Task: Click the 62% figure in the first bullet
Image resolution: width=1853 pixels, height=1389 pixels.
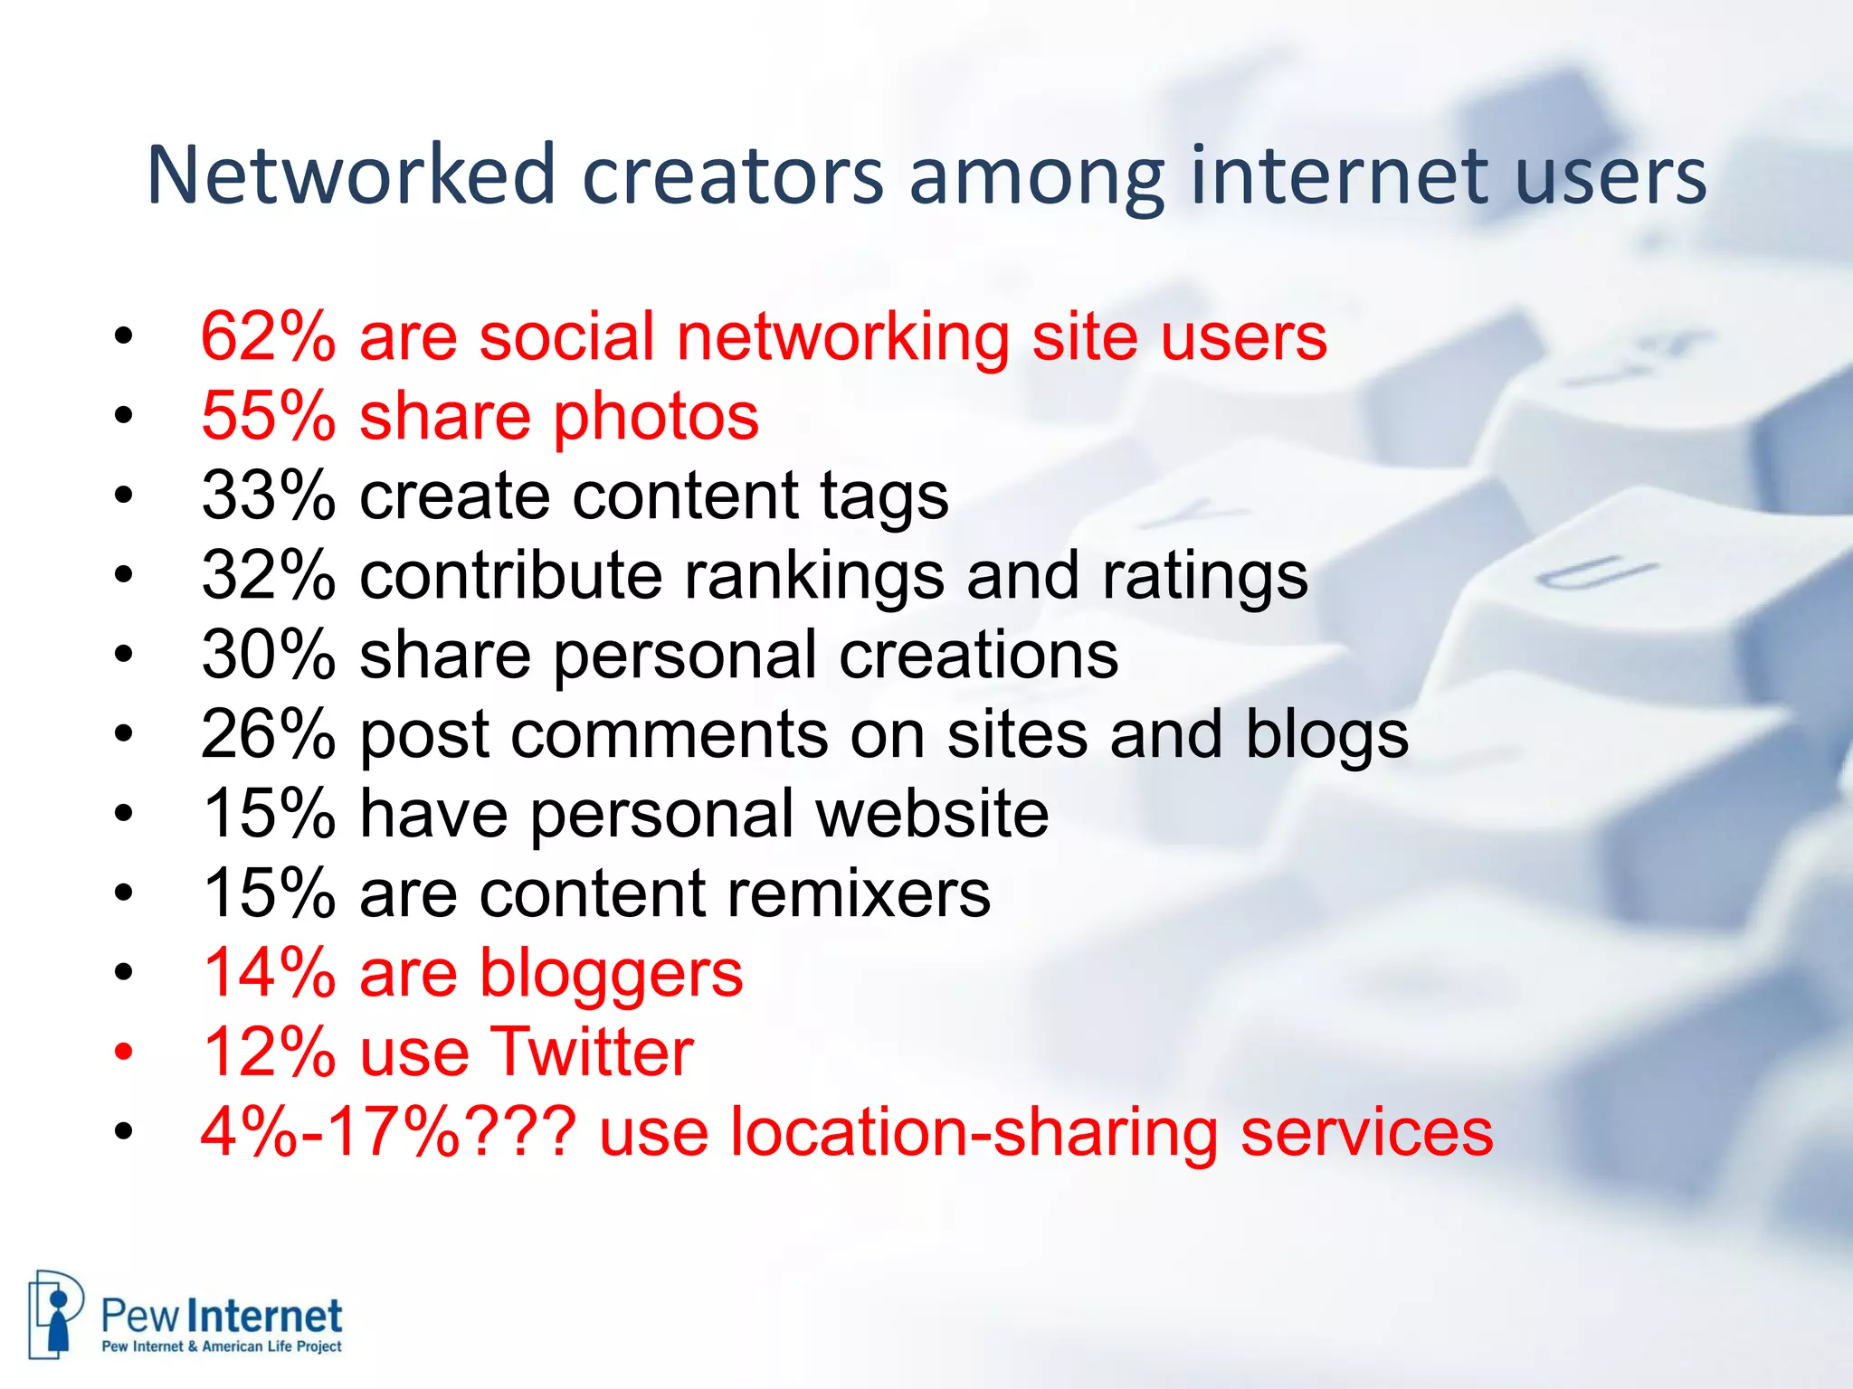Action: tap(268, 336)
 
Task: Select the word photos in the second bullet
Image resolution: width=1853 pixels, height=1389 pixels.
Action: tap(656, 418)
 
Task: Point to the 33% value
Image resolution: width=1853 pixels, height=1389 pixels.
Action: tap(268, 496)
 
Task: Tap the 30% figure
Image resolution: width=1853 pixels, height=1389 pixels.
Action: tap(268, 655)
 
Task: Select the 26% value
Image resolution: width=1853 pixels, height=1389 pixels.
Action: tap(268, 733)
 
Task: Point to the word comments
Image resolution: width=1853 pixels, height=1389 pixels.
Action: tap(669, 735)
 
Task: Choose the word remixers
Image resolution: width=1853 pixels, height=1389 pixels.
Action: tap(859, 893)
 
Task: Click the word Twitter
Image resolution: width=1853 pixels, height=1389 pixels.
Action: tap(592, 1052)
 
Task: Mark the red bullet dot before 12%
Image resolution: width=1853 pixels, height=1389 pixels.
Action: tap(124, 1053)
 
